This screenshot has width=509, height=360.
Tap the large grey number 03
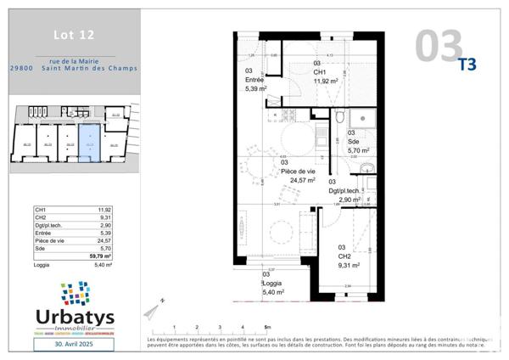(439, 46)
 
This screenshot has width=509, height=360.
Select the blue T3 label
(467, 63)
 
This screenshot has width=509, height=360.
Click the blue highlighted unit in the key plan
(88, 141)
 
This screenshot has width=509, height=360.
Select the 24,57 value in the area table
(104, 240)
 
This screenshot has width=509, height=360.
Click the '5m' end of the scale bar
(267, 327)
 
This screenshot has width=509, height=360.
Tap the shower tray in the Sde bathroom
(361, 118)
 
